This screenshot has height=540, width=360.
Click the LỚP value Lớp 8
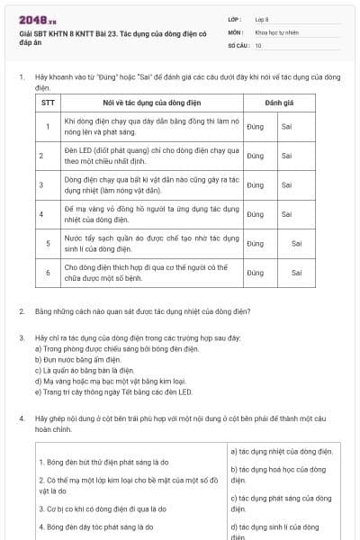tap(262, 18)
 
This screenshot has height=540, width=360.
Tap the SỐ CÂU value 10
tap(258, 44)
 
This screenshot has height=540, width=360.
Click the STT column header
tap(49, 103)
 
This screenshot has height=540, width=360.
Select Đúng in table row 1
tap(255, 126)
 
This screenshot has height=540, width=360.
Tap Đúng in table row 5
tap(255, 243)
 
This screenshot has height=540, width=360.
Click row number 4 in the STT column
tap(47, 214)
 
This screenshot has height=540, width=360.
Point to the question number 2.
tap(22, 311)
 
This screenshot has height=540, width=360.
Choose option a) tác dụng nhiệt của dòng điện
tap(282, 451)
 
